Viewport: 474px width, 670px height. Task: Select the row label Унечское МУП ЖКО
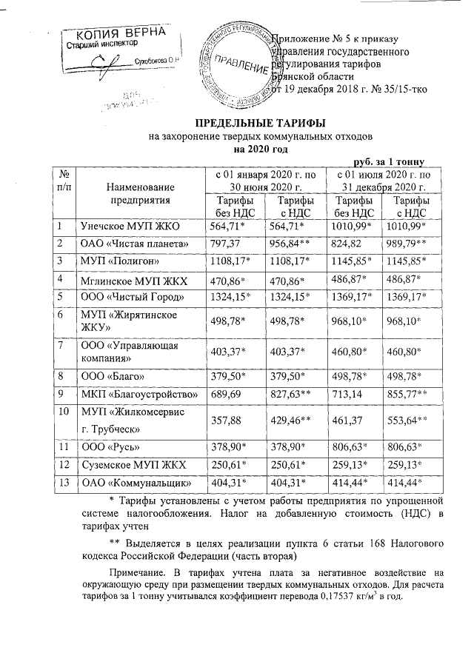coord(130,226)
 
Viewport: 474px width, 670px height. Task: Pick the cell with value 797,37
coord(225,244)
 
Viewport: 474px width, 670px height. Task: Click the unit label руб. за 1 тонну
coord(387,160)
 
